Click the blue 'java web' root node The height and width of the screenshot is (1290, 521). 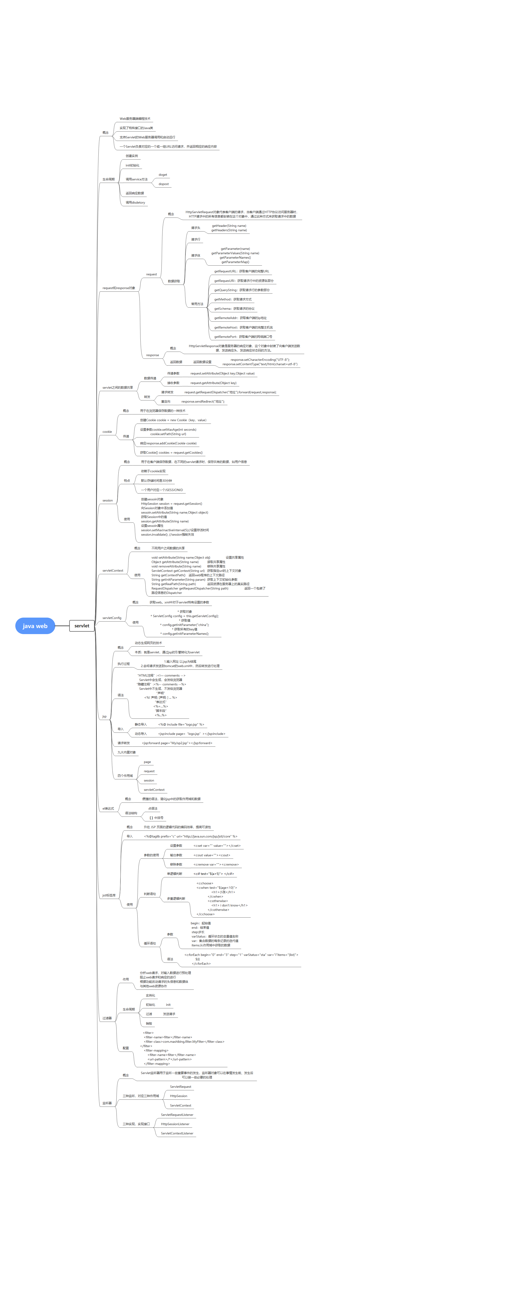coord(35,626)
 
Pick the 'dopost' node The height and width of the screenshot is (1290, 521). coord(164,184)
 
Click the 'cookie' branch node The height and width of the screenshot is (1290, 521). coord(107,432)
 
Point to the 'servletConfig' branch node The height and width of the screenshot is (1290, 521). coord(112,618)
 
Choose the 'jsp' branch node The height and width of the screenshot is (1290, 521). coord(104,716)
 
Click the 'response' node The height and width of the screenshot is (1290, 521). coord(152,355)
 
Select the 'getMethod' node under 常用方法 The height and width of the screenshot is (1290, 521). coord(233,300)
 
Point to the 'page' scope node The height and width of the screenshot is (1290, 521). coord(147,762)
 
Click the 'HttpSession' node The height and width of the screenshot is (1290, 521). coord(178,1096)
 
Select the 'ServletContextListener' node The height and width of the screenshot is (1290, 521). coord(177,1133)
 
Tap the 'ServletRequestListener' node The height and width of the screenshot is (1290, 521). coord(177,1115)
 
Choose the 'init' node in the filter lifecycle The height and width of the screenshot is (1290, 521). coord(168,1005)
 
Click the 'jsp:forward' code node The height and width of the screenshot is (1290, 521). coord(177,743)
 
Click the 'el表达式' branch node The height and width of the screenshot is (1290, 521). coord(108,808)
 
